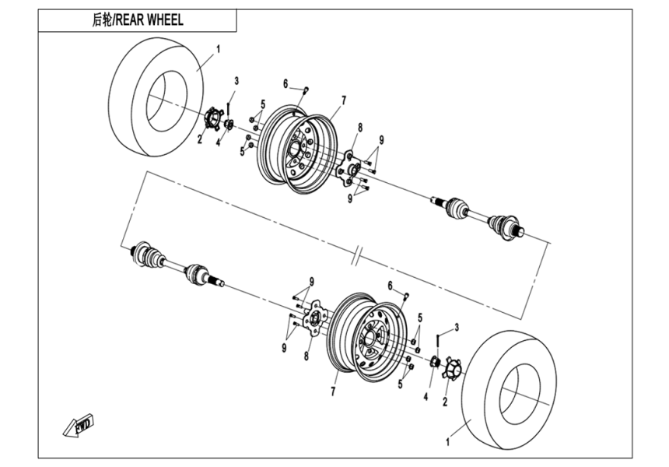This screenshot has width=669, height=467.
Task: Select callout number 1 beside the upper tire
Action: (218, 49)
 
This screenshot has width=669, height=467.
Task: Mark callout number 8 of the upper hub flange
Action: (360, 127)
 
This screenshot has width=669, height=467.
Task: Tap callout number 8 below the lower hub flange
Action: (306, 356)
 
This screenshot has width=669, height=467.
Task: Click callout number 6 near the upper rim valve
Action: (285, 83)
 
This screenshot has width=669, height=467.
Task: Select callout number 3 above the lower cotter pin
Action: (457, 326)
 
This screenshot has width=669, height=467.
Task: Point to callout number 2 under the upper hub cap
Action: (199, 140)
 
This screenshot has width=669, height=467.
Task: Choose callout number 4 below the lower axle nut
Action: (426, 397)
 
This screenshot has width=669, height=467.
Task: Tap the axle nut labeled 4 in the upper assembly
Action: (229, 125)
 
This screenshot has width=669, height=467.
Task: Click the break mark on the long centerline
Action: (357, 255)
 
